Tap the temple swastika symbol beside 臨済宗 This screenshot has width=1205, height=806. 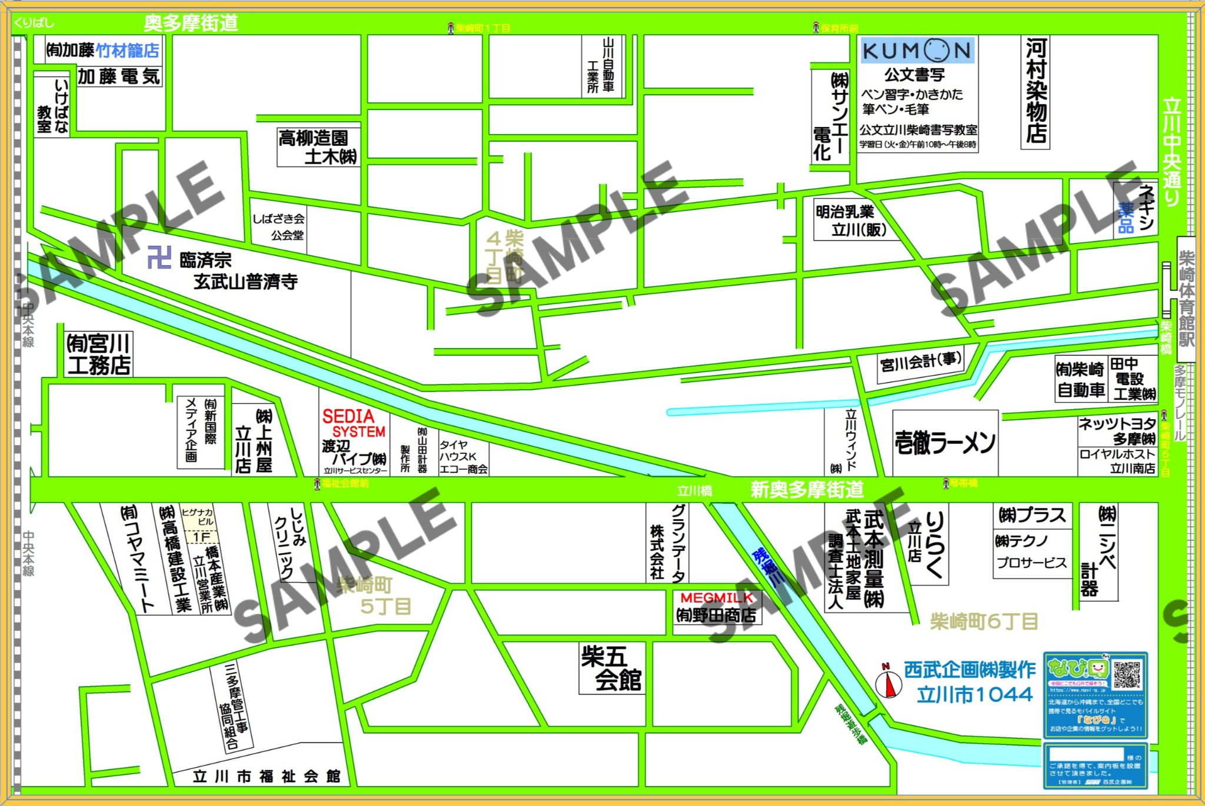point(159,257)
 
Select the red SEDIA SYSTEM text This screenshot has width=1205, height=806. point(353,424)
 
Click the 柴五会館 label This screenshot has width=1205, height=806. point(611,668)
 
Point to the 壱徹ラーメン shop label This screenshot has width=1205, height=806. point(945,443)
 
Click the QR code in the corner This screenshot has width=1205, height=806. point(1127,675)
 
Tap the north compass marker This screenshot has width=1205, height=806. point(888,684)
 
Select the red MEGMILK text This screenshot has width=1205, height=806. point(716,598)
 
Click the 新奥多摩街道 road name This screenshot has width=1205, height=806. point(807,489)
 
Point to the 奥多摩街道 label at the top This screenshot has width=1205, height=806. point(191,24)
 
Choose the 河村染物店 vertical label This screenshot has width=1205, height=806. point(1036,91)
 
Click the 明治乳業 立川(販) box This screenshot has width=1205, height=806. point(851,220)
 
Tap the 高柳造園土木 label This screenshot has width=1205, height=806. point(318,147)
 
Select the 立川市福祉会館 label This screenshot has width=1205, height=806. point(267,777)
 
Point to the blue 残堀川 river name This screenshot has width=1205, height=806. point(769,567)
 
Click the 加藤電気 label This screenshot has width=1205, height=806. point(119,76)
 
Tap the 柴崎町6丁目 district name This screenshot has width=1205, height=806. point(984,621)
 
